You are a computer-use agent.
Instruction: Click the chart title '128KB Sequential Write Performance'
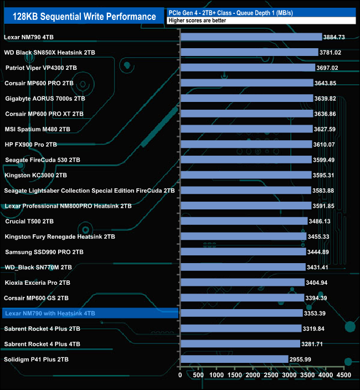(84, 17)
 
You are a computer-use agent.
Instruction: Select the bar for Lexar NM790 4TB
(251, 37)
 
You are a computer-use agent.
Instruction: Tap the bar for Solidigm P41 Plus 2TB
(234, 359)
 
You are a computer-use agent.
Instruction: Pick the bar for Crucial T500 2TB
(244, 221)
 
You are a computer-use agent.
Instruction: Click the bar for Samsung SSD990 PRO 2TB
(243, 252)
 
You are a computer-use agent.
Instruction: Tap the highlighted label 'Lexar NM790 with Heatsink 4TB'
(50, 314)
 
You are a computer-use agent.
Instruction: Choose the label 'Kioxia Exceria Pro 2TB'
(37, 283)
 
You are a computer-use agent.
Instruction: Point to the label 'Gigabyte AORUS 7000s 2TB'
(45, 99)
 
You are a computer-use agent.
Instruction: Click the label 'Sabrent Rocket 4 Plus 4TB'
(42, 344)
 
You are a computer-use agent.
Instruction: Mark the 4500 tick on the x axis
(344, 375)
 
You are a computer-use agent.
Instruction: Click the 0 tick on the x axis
(181, 375)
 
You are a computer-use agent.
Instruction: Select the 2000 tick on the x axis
(253, 375)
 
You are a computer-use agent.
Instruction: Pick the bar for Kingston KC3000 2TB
(246, 175)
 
